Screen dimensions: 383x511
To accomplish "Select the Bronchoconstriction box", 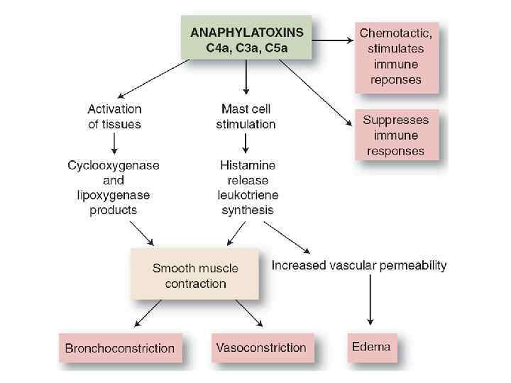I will click(x=119, y=348).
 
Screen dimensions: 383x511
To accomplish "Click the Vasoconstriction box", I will click(x=260, y=348).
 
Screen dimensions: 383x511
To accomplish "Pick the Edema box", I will click(x=371, y=348).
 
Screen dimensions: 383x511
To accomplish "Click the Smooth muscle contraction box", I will click(x=194, y=276).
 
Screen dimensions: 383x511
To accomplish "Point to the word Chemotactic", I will click(x=395, y=33).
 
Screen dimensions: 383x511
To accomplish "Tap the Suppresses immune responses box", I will click(x=395, y=135).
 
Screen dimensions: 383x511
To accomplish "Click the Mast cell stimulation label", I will click(x=246, y=116).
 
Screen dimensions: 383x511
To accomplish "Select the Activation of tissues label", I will click(x=114, y=116).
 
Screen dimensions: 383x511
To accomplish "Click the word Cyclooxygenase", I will click(x=114, y=165).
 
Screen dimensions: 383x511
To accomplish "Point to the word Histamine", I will click(x=246, y=165).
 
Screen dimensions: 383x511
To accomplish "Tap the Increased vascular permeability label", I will click(x=359, y=266).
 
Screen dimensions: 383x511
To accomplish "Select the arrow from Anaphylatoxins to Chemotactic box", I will click(x=334, y=41).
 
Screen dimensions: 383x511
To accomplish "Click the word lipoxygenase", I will click(x=114, y=195).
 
